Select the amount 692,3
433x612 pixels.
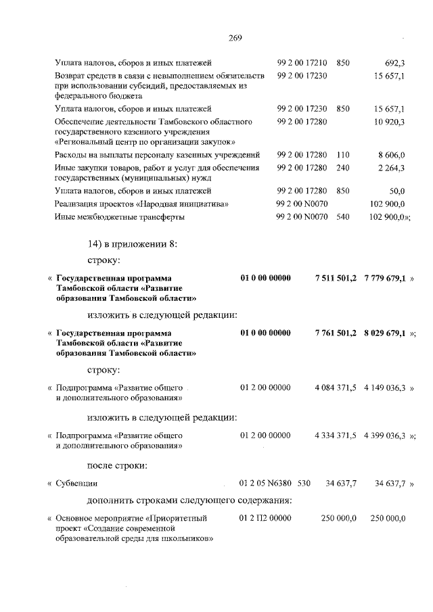[393, 63]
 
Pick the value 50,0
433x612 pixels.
[396, 191]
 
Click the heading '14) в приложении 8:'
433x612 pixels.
[129, 243]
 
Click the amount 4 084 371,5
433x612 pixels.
[336, 389]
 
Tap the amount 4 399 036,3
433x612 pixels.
[384, 436]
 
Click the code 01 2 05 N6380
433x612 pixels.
[266, 484]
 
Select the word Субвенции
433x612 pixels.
[77, 484]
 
